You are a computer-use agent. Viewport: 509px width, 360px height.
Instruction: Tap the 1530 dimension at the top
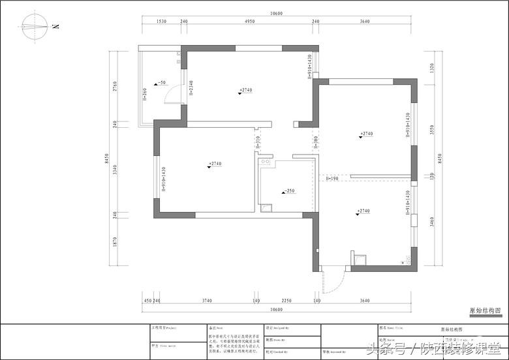click(162, 22)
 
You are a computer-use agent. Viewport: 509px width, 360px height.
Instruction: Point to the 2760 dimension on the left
click(115, 86)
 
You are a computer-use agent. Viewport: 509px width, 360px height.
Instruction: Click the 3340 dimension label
click(115, 171)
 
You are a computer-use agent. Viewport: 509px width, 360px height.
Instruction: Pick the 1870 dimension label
click(115, 241)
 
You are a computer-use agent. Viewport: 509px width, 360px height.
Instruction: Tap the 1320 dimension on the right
click(431, 67)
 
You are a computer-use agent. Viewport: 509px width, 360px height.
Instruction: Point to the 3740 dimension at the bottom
click(206, 301)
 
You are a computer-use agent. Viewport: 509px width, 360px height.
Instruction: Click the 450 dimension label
click(147, 301)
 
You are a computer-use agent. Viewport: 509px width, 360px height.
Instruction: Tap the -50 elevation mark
click(159, 83)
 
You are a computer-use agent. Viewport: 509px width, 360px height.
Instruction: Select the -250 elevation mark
click(288, 192)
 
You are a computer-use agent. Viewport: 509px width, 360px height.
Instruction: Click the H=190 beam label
click(332, 178)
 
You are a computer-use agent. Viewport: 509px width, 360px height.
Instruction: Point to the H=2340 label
click(191, 88)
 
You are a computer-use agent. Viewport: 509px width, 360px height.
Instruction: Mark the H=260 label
click(145, 95)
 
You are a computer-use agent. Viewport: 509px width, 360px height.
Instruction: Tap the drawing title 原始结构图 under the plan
click(485, 312)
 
